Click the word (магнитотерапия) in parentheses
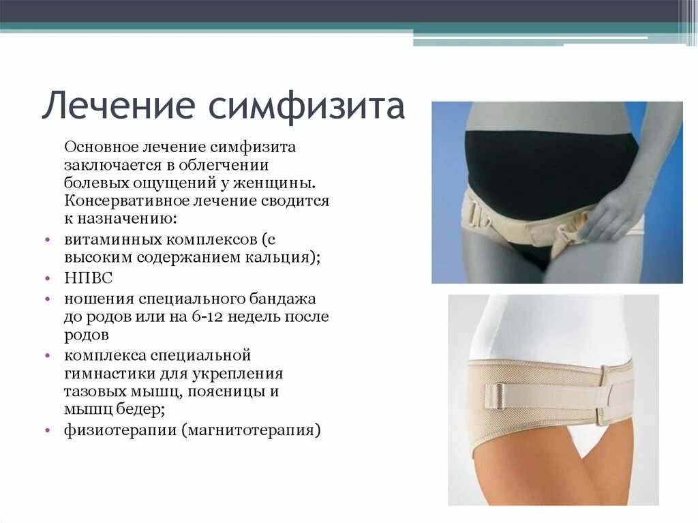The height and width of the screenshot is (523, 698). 250,430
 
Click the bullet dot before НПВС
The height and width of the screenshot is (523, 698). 47,280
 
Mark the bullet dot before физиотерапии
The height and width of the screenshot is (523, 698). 47,431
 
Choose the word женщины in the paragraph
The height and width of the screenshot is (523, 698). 286,183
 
